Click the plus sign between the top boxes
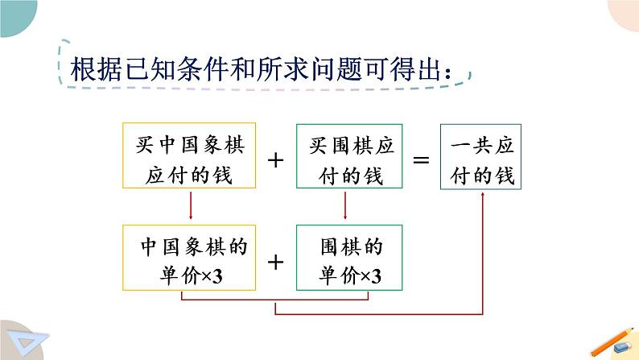pos(275,159)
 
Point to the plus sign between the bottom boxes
pos(275,263)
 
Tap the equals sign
pos(422,159)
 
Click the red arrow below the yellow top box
pos(191,205)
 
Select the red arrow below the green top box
pos(345,205)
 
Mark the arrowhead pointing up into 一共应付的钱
pos(483,194)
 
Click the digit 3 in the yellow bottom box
pos(217,277)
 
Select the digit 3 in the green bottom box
pos(376,277)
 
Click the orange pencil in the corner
pos(612,342)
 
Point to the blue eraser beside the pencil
pos(622,347)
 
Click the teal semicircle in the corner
pos(16,15)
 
